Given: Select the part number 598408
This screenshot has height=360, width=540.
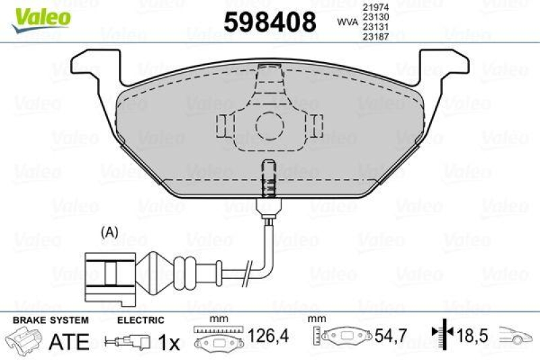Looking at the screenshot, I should pyautogui.click(x=269, y=22).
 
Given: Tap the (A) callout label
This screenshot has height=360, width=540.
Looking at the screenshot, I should pyautogui.click(x=109, y=232).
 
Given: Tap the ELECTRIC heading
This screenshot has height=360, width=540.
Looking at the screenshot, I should pyautogui.click(x=140, y=319).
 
